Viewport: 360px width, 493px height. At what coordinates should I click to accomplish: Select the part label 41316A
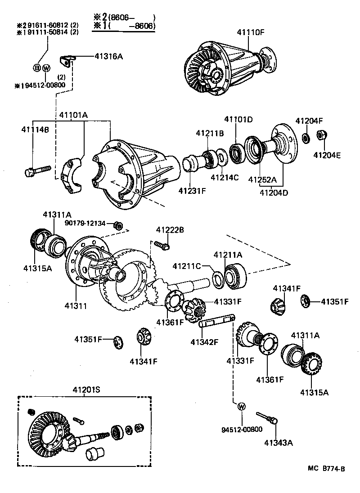pos(108,56)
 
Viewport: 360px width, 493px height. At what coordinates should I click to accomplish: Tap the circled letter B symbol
pos(37,68)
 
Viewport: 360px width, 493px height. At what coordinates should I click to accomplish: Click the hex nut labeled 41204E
pos(322,134)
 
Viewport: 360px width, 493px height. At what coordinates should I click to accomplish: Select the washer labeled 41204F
pos(305,137)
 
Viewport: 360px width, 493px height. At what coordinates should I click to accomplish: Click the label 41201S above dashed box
pos(84,390)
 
